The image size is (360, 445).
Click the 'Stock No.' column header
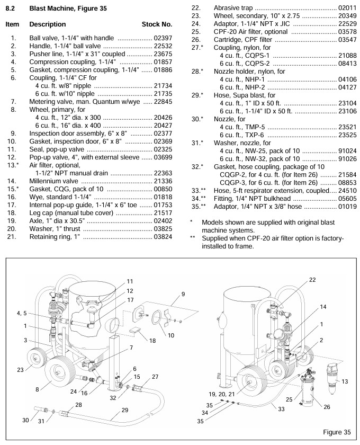pyautogui.click(x=157, y=24)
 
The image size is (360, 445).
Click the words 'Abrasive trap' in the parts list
pyautogui.click(x=231, y=8)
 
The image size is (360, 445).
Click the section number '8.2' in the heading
pyautogui.click(x=11, y=8)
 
